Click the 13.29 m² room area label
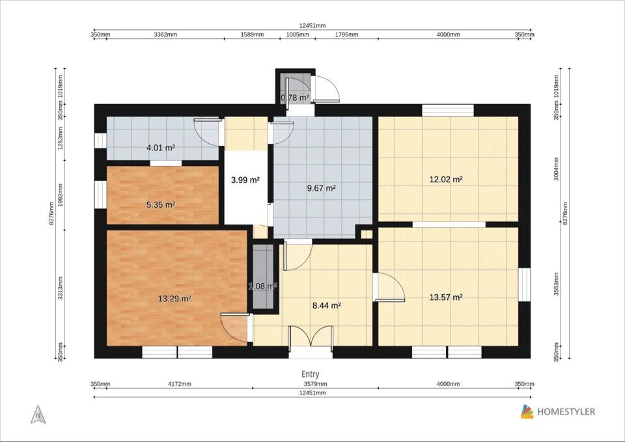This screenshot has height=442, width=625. tap(174, 298)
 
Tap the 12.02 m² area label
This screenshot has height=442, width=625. tap(445, 180)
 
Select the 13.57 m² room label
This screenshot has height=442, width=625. tap(445, 297)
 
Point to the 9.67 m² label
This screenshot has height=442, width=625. tap(321, 187)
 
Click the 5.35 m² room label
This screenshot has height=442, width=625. tap(161, 205)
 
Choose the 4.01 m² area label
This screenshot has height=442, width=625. tap(161, 148)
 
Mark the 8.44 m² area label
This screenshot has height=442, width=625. tap(326, 306)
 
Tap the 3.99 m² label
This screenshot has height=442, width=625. tap(245, 180)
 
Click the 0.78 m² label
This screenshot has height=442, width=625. tap(295, 98)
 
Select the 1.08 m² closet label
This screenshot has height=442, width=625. tap(262, 286)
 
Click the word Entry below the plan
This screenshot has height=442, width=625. tap(310, 374)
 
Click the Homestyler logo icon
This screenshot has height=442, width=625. tap(527, 411)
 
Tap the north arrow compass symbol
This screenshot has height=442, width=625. tap(38, 415)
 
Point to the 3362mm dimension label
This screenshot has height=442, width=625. tap(165, 35)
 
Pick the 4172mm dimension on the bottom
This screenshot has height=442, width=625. tap(180, 384)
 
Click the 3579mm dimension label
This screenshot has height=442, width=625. tap(315, 384)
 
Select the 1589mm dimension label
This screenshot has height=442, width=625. tap(252, 35)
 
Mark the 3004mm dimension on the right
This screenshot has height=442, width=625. tap(557, 169)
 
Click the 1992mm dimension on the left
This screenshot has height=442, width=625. tap(61, 195)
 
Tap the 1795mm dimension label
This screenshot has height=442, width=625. tap(346, 35)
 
